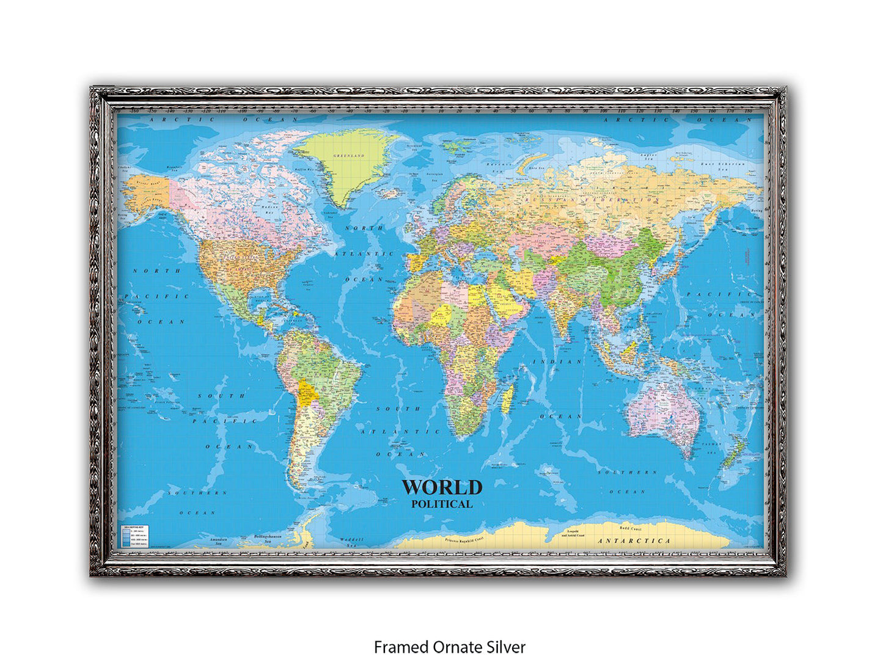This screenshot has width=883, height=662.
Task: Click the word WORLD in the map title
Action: tap(442, 487)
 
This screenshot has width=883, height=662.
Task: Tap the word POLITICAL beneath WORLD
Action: tap(442, 504)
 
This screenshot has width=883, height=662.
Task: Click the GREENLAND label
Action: tap(348, 156)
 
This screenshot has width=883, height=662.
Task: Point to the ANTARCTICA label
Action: tap(634, 541)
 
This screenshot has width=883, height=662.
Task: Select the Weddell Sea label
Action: tap(352, 540)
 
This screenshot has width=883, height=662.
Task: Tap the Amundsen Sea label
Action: tap(218, 540)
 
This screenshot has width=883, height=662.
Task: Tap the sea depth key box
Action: tap(135, 535)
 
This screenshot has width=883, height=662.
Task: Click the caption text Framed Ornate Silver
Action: tap(449, 647)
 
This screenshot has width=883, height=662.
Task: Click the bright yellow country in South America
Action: tap(307, 394)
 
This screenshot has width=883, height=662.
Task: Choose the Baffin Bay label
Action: tap(304, 169)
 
